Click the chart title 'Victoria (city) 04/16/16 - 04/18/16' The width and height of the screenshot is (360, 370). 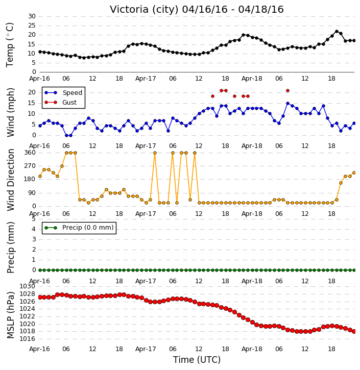(x=197, y=9)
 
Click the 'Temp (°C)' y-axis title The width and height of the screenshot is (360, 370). (x=10, y=45)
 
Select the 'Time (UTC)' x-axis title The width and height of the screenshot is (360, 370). (x=197, y=360)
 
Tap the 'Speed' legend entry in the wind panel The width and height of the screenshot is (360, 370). (x=72, y=93)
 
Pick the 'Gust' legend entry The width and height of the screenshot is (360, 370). (x=69, y=103)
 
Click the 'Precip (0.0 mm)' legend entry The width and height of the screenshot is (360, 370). (x=88, y=228)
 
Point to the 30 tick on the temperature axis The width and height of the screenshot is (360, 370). (x=32, y=16)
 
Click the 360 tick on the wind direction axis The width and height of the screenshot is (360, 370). (x=30, y=153)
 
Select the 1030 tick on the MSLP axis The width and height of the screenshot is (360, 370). (x=27, y=286)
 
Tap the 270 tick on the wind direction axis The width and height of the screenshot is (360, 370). (x=30, y=166)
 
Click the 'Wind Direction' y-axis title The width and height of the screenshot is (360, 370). (x=11, y=180)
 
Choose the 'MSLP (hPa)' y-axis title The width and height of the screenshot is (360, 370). (x=10, y=315)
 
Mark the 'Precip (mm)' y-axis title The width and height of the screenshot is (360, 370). (x=11, y=248)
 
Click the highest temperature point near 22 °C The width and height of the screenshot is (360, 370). (x=337, y=31)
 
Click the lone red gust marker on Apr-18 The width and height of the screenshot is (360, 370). (x=287, y=91)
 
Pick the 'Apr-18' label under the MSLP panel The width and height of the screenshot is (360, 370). (x=252, y=349)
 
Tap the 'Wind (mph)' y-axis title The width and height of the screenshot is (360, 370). (x=11, y=112)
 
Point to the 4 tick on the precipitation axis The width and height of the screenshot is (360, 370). (x=34, y=229)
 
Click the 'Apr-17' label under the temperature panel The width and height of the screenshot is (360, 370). (x=146, y=79)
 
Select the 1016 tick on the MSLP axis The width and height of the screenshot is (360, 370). (x=27, y=339)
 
